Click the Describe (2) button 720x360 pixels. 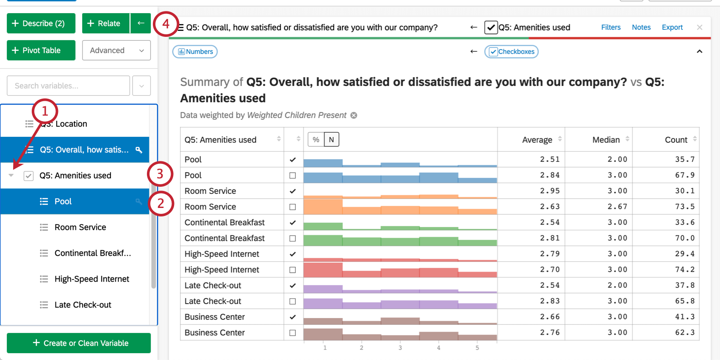41,23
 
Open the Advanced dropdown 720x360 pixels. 116,50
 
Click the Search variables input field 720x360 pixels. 68,86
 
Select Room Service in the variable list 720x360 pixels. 80,227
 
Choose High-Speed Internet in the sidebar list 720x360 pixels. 91,279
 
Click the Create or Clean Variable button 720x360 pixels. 79,343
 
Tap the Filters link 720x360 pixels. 611,27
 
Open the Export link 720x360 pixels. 672,27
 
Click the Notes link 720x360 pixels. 641,27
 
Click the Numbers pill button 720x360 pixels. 195,52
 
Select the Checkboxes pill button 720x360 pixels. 511,52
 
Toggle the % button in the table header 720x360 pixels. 316,139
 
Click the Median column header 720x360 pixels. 606,140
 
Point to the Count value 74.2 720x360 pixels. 684,269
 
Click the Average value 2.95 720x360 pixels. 549,191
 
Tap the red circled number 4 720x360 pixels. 166,24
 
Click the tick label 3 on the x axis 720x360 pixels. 400,348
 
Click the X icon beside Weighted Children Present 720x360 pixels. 354,115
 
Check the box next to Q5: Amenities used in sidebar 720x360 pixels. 28,176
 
